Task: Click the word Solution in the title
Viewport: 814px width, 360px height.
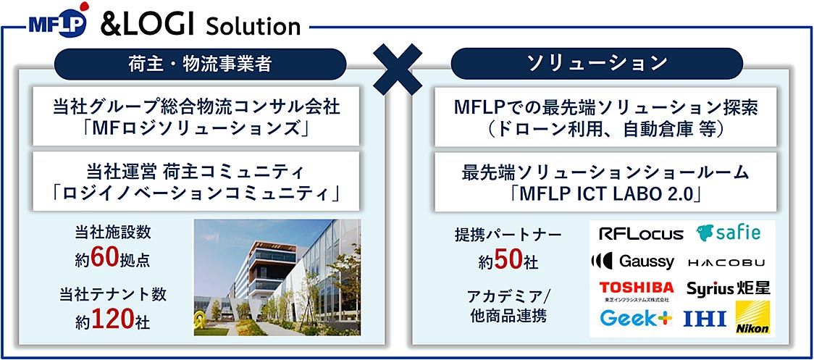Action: coord(253,25)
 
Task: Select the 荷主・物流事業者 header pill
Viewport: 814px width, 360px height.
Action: coord(201,64)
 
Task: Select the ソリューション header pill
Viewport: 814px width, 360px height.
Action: coord(597,63)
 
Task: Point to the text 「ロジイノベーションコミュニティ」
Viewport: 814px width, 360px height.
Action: coord(196,194)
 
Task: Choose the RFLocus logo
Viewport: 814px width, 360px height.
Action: coord(641,234)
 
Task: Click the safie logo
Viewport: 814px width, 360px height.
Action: coord(729,233)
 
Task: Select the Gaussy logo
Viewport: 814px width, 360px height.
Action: coord(633,261)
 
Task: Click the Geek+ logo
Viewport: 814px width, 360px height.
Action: coord(636,317)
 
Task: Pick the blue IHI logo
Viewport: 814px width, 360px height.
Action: coord(705,319)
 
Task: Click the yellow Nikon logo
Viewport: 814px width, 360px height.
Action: coord(752,317)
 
